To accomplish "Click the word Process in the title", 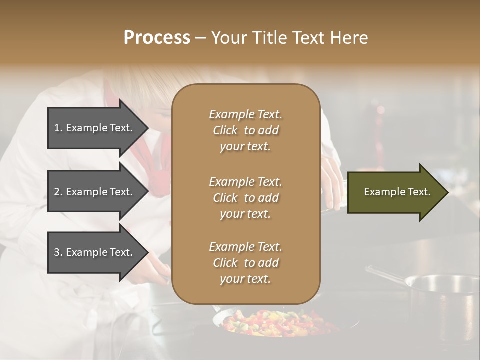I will [157, 38].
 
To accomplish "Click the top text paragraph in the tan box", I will [245, 130].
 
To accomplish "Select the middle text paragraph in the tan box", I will [245, 198].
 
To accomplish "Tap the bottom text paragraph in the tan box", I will [245, 263].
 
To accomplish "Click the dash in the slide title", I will [200, 38].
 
